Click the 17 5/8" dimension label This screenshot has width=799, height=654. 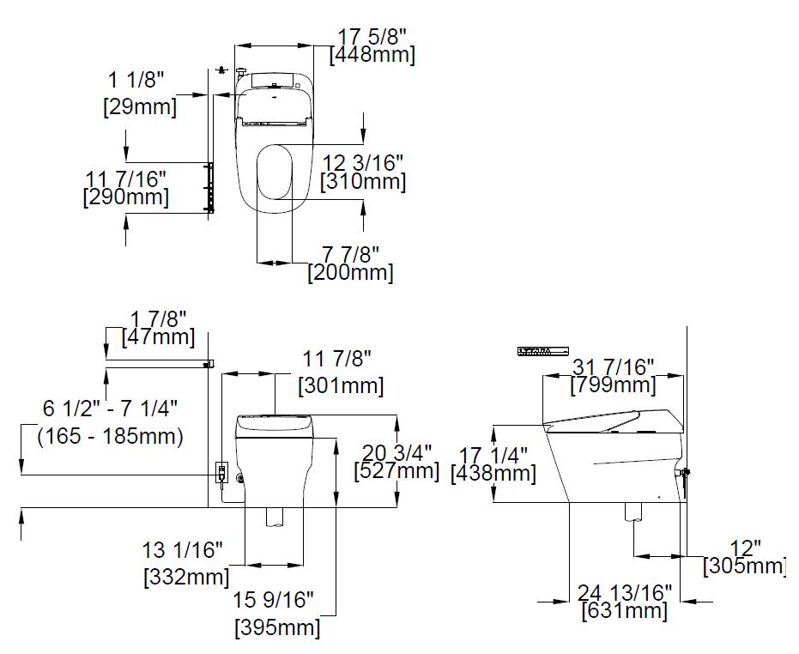[x=372, y=37]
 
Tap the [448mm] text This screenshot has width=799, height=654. [x=372, y=55]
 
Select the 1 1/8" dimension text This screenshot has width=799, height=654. [x=136, y=80]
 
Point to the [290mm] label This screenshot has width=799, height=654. [x=125, y=197]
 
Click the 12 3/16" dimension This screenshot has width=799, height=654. [x=363, y=162]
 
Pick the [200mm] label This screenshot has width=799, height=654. [x=350, y=273]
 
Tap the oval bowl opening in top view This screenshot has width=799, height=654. [x=275, y=172]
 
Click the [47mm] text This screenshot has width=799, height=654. [x=158, y=337]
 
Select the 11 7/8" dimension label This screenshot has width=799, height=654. [x=336, y=359]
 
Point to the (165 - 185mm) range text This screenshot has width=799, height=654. [x=110, y=436]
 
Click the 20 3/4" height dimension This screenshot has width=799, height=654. [x=396, y=452]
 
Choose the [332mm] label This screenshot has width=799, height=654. [x=186, y=577]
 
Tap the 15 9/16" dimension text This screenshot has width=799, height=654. [x=273, y=599]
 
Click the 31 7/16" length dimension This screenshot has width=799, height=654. [x=613, y=366]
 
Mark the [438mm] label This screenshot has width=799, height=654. [x=493, y=474]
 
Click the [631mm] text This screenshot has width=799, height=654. [x=624, y=611]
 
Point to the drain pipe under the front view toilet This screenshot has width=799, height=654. [x=274, y=517]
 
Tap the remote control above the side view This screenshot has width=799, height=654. [x=543, y=351]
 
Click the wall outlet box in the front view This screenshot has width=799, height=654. [x=221, y=472]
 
